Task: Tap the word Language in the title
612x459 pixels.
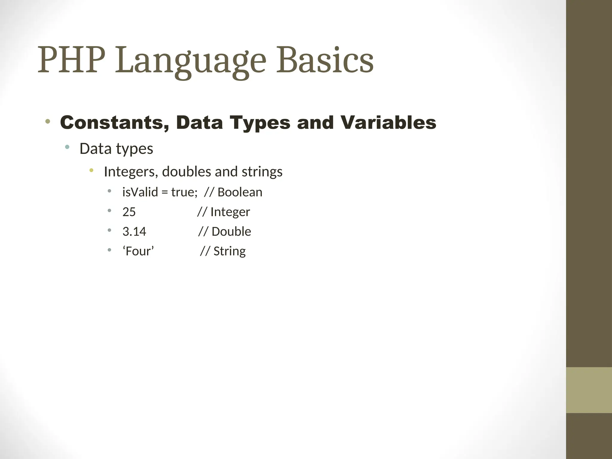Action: point(190,61)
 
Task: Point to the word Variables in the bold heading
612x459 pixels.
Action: point(388,123)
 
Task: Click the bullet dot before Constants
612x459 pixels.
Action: point(48,121)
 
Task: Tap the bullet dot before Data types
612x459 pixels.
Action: point(67,147)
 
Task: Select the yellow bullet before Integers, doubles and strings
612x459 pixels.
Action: point(91,170)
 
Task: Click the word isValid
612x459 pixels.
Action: point(140,192)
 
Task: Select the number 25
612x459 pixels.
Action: point(129,212)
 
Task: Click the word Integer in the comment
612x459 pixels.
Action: point(230,212)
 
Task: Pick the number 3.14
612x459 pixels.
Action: point(134,232)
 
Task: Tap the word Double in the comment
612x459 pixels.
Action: point(231,232)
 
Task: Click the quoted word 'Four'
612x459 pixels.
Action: point(138,251)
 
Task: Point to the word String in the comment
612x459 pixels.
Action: point(229,251)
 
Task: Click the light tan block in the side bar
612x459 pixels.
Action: point(589,390)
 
